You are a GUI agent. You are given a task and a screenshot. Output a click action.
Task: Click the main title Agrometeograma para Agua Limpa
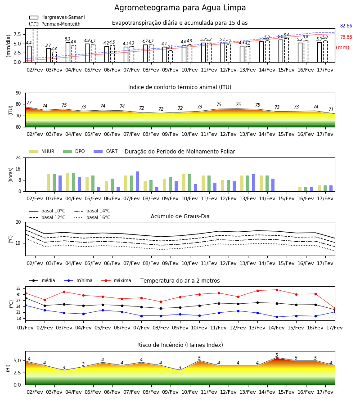180,8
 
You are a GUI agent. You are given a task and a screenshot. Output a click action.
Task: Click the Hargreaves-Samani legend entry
57,17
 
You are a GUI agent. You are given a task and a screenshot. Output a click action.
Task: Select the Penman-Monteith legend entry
55,24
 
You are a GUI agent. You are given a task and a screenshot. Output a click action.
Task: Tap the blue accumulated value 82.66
346,26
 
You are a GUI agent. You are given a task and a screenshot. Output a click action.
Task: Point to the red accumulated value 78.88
346,37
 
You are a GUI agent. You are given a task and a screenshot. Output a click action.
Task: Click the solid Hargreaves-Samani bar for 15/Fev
281,51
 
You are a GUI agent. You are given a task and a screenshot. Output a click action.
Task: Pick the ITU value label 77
29,103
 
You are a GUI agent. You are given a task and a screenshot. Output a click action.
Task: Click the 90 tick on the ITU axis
18,93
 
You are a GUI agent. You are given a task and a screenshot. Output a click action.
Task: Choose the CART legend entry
106,151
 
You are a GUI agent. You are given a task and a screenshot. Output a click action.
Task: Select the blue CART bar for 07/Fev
137,182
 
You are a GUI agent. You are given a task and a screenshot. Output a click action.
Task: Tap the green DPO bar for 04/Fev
74,182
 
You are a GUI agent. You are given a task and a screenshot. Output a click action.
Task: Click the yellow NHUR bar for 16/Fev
300,189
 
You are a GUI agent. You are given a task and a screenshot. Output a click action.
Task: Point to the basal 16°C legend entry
92,217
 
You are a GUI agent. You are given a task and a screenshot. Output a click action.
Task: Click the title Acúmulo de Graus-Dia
180,216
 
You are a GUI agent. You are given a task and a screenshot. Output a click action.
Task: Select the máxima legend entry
116,280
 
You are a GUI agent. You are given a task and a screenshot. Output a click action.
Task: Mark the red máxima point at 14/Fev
277,290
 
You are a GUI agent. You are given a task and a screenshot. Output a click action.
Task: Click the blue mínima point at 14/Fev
277,317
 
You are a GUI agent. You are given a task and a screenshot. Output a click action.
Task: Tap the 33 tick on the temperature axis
18,288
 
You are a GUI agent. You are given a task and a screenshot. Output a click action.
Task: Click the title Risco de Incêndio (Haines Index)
180,345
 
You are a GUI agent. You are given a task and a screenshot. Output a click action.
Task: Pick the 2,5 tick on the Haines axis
17,373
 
